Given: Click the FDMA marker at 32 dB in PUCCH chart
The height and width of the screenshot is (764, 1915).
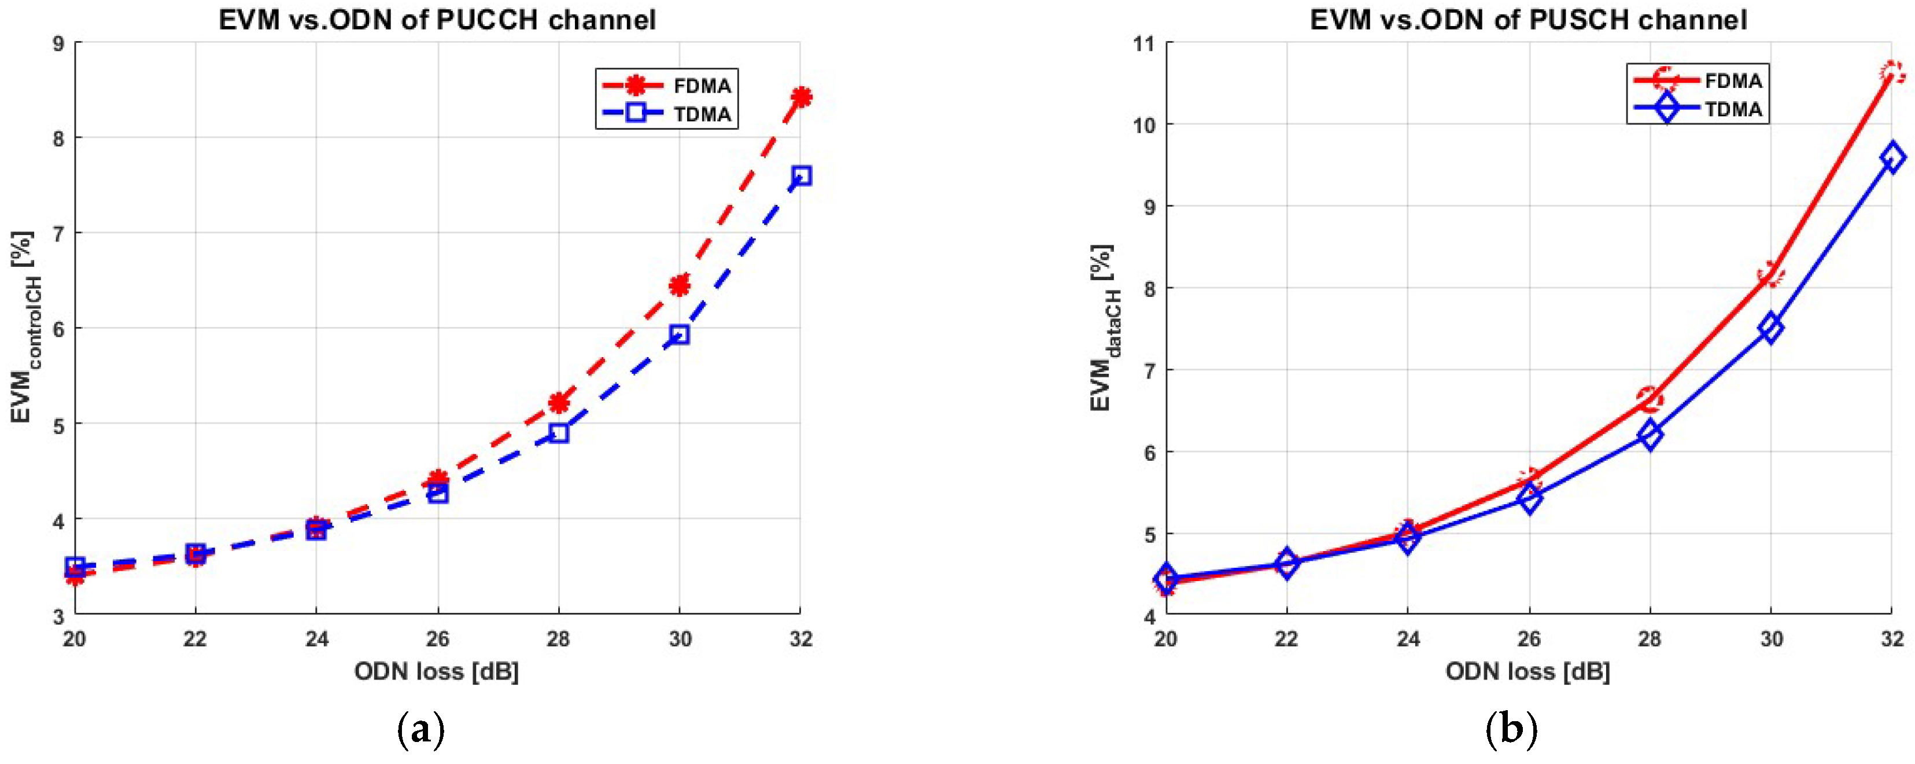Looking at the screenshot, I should click(x=800, y=97).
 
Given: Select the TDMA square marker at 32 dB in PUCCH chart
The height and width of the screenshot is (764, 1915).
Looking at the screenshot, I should click(x=800, y=175).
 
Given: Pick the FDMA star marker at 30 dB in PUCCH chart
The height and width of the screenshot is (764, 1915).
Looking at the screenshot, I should click(x=680, y=285).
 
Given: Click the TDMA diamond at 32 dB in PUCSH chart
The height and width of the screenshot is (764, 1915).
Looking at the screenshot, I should click(x=1892, y=157).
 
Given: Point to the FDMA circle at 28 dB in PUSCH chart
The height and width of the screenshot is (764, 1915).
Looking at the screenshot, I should click(x=1650, y=399).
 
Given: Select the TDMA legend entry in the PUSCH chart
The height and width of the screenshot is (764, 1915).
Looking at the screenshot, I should click(x=1698, y=109).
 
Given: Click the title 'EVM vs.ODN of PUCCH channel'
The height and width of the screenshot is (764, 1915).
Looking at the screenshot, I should click(x=437, y=20).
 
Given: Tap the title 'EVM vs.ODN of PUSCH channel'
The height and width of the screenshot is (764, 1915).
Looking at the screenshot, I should click(x=1529, y=20).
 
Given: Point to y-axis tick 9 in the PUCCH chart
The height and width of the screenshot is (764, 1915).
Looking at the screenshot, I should click(x=58, y=43).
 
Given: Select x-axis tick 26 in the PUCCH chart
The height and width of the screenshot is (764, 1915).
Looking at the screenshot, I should click(x=438, y=639).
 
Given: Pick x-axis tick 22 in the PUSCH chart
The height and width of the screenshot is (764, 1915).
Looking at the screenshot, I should click(x=1287, y=639).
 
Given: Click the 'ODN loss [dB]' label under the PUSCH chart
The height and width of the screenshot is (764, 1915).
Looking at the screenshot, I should click(x=1527, y=672).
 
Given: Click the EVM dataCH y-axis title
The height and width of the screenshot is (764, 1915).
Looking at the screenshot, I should click(x=1104, y=328).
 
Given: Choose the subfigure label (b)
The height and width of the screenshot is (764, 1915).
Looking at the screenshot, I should click(x=1511, y=730).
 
